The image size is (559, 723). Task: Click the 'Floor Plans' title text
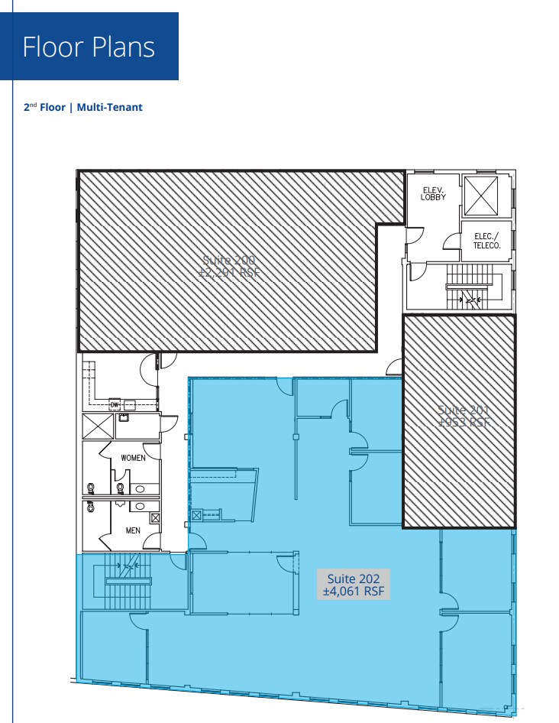pyautogui.click(x=89, y=47)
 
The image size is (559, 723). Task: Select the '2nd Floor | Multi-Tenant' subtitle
pyautogui.click(x=83, y=108)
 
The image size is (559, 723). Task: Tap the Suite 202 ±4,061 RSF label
pyautogui.click(x=354, y=585)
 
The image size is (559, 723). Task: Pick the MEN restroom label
pyautogui.click(x=133, y=530)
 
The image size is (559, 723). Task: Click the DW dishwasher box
pyautogui.click(x=115, y=404)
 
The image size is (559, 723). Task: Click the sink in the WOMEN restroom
pyautogui.click(x=141, y=488)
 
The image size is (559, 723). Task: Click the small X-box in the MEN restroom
pyautogui.click(x=156, y=518)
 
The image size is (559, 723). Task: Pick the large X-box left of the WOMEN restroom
pyautogui.click(x=98, y=426)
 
